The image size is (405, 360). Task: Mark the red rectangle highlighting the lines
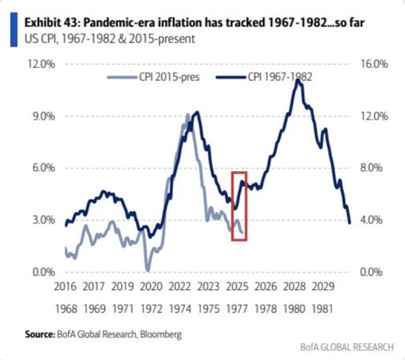pos(240,206)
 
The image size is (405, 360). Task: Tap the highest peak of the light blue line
pos(188,115)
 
